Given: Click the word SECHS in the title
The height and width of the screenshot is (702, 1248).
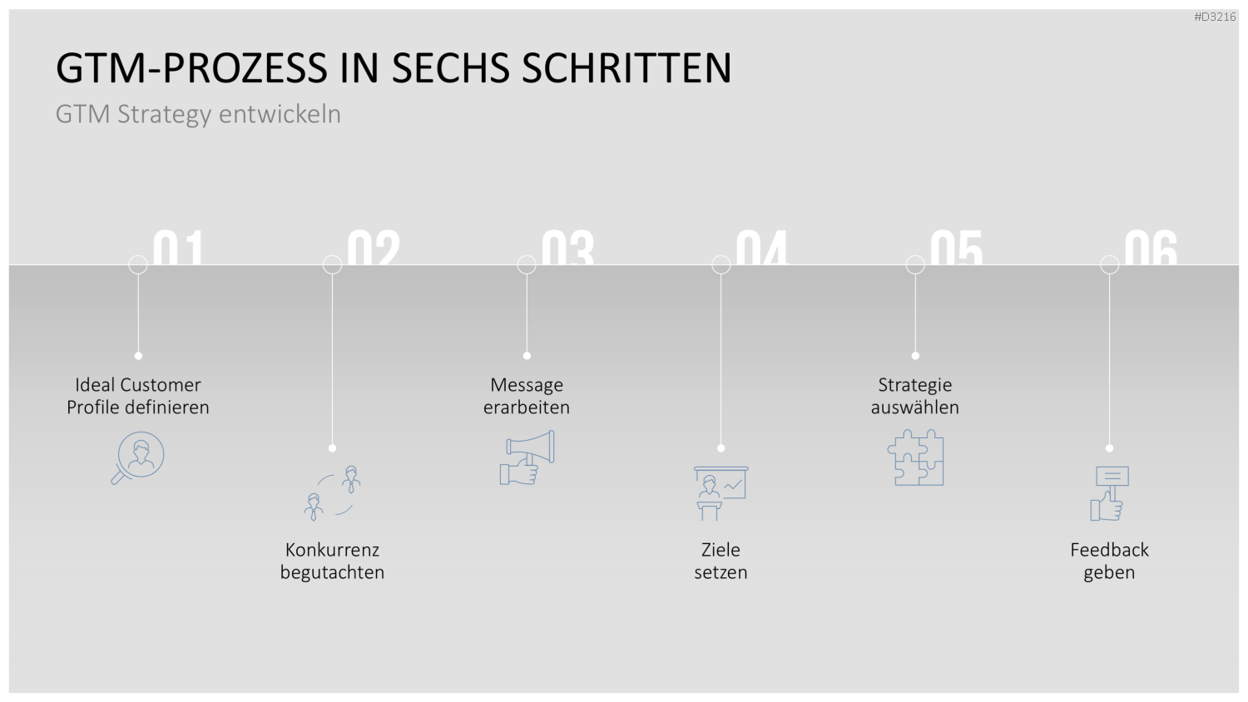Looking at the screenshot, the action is tap(450, 68).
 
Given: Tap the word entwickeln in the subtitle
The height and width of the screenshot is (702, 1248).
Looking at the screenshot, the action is tap(280, 114).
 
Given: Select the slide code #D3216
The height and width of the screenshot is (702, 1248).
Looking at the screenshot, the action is tap(1215, 17).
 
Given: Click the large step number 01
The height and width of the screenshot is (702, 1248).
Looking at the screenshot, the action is tap(178, 248).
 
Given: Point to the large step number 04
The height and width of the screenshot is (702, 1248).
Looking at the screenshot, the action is tap(762, 248).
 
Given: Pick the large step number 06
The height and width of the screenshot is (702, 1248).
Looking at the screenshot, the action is tap(1151, 248).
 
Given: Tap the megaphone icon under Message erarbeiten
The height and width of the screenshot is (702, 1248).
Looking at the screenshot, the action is tap(527, 457).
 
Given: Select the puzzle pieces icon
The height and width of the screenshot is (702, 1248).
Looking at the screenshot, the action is tap(915, 457).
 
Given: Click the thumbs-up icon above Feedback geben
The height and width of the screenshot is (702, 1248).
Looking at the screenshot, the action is tap(1109, 493).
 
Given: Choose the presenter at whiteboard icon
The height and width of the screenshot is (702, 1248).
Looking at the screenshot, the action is tap(721, 493).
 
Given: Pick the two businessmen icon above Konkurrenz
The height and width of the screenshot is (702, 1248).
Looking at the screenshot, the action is tap(333, 493).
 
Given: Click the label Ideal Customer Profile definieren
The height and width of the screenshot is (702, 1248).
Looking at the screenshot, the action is tap(137, 396).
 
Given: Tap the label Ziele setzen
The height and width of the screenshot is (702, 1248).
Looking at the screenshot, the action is tap(721, 561).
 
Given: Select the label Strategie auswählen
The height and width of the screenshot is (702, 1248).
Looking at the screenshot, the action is tap(915, 396).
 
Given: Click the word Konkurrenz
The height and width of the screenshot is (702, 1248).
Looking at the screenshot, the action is tap(332, 550).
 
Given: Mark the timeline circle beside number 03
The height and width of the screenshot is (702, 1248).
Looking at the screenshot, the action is tap(527, 264).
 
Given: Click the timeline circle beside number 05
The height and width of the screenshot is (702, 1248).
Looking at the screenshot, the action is tap(915, 264).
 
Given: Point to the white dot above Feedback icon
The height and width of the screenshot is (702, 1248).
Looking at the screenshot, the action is tap(1109, 448).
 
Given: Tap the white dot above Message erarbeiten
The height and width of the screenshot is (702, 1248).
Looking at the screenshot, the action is tap(527, 355).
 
